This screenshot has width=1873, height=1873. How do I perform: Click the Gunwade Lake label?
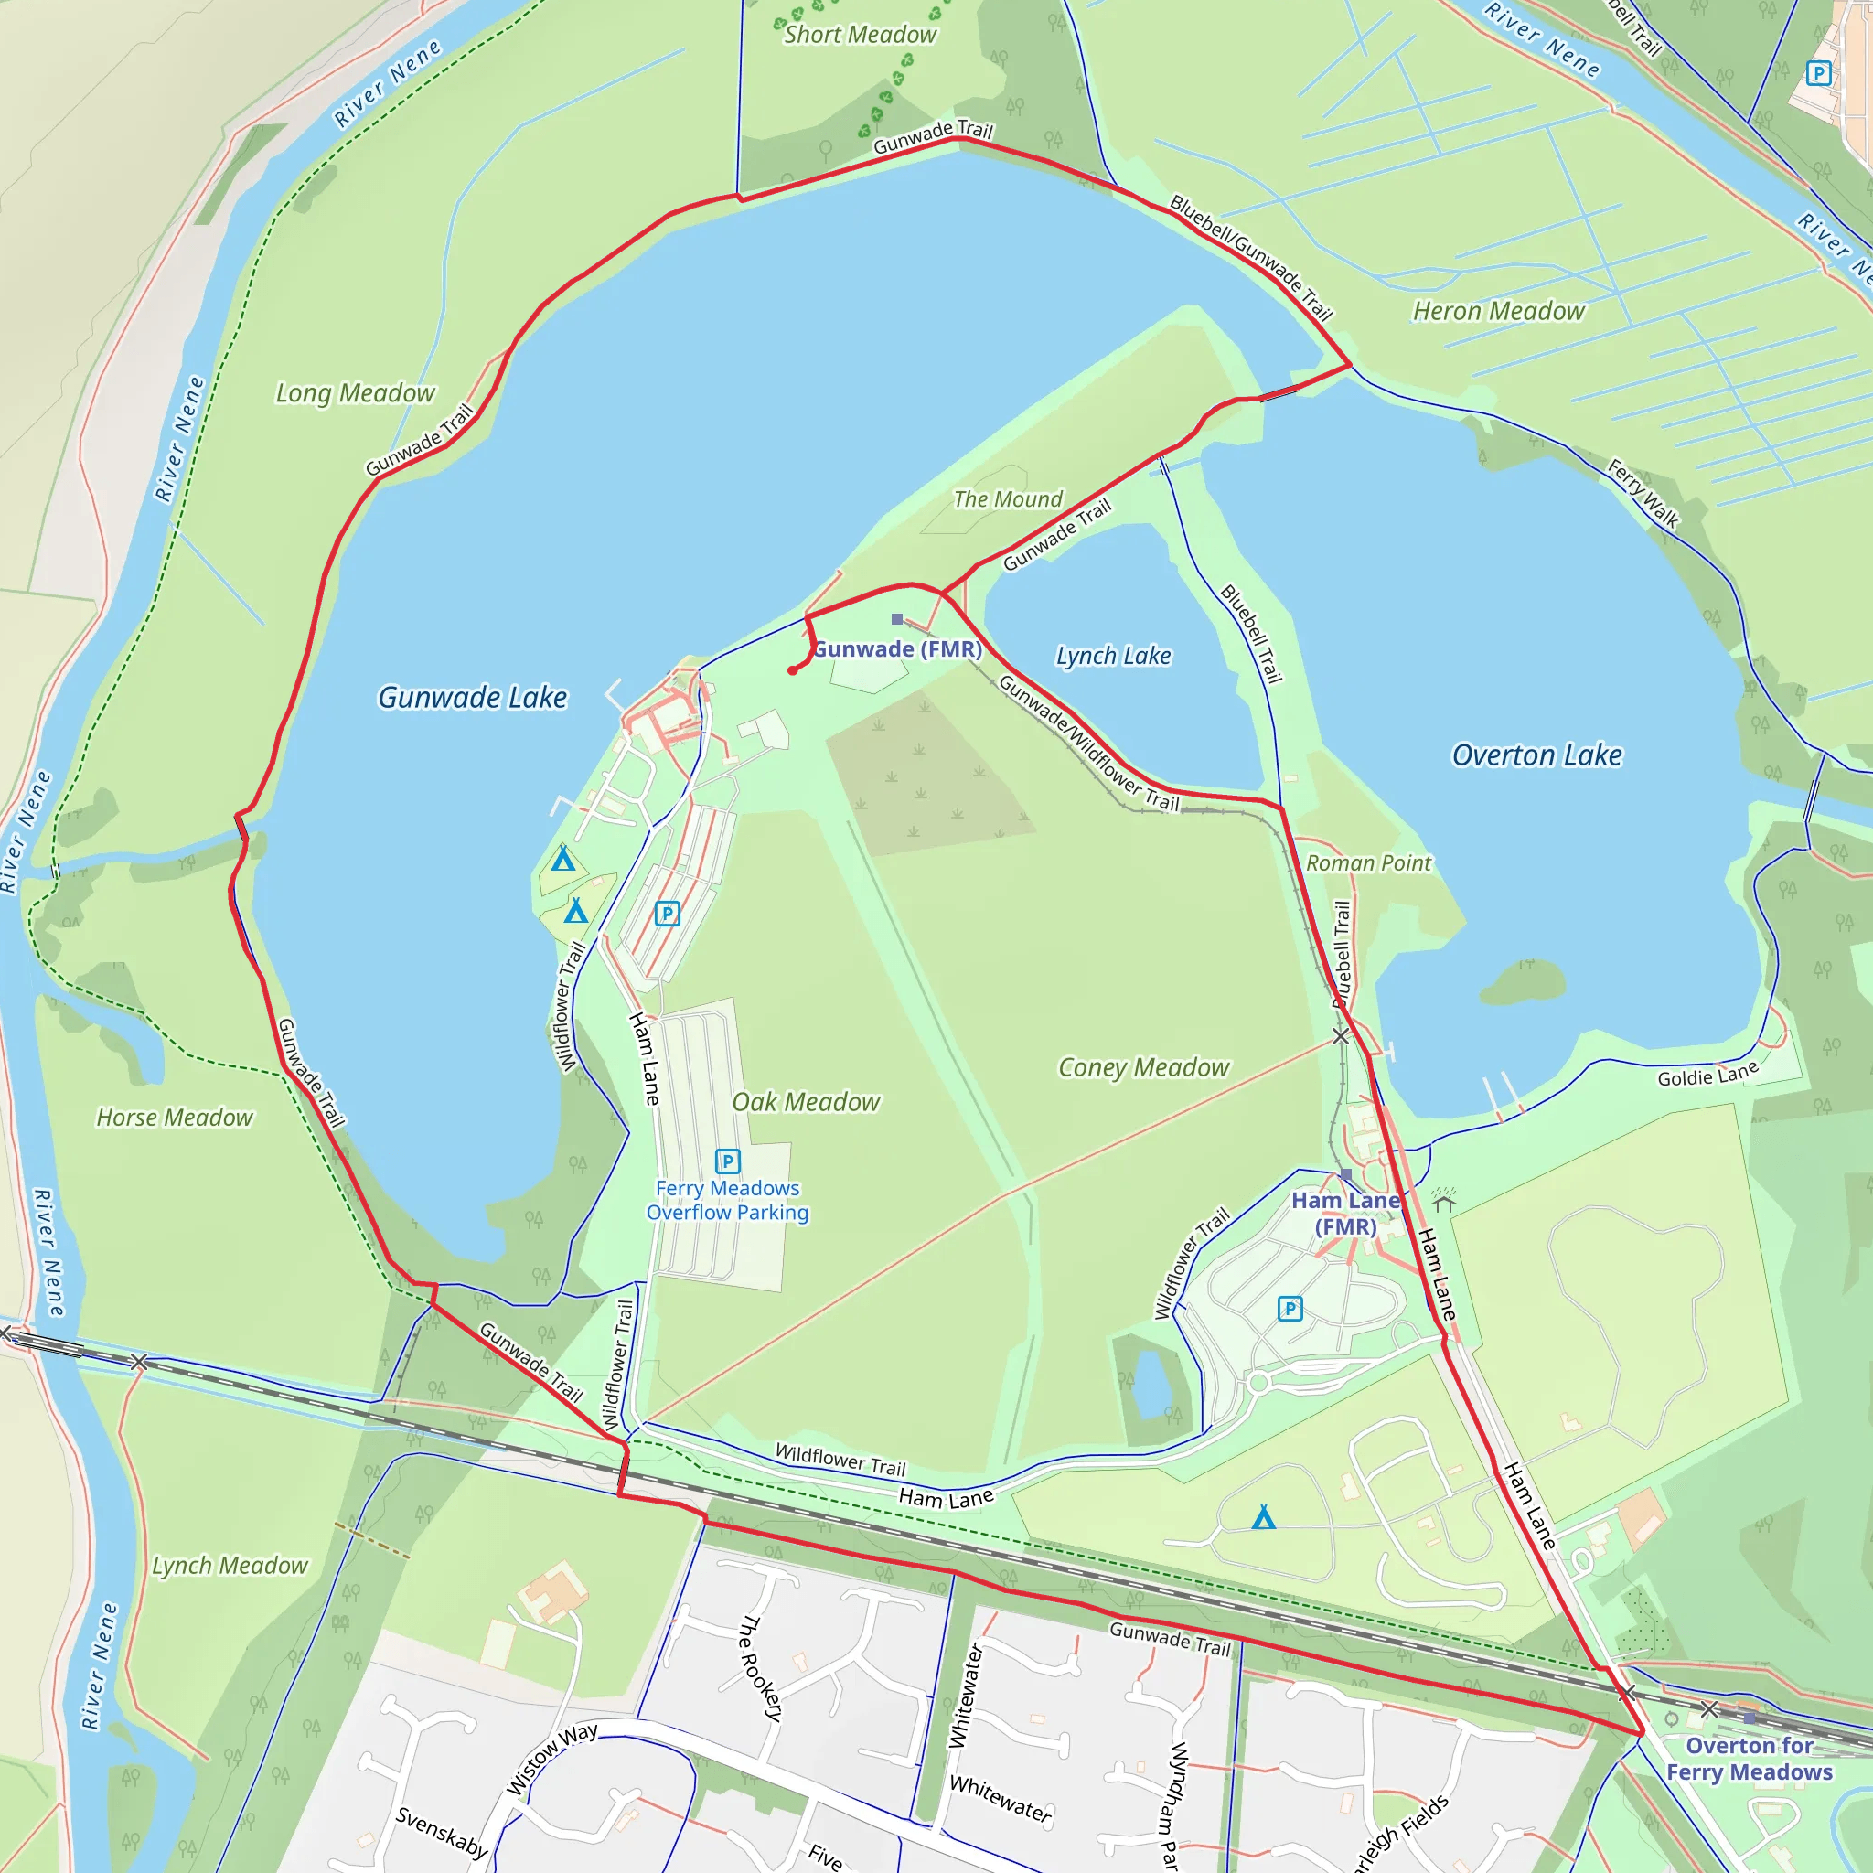coord(472,697)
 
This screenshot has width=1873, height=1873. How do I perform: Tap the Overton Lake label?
coord(1536,755)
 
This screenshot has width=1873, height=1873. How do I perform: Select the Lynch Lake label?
coord(1113,657)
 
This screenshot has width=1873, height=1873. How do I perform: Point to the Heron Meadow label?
coord(1498,311)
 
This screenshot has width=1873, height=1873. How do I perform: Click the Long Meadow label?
coord(355,393)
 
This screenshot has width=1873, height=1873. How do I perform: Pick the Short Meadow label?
coord(860,35)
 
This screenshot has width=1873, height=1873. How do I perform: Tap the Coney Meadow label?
coord(1143,1067)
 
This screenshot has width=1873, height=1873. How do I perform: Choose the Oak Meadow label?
coord(806,1102)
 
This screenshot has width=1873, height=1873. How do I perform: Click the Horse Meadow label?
coord(175,1118)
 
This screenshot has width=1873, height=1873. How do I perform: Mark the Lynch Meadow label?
coord(230,1566)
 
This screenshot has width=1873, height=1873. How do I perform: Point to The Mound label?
coord(1007,499)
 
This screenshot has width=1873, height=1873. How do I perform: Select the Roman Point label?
coord(1368,862)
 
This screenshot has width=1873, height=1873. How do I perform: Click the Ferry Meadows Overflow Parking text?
coord(727,1200)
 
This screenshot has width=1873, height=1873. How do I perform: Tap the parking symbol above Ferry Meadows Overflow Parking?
coord(728,1161)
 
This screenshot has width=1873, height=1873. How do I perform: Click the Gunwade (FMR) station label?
coord(897,649)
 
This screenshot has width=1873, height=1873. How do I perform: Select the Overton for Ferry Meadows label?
coord(1749,1759)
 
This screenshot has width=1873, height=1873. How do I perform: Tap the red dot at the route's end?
coord(793,669)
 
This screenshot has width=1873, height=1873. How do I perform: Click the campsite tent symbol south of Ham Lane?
coord(1263,1517)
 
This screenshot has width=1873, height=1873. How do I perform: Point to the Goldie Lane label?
coord(1707,1076)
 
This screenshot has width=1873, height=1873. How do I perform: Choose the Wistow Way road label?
coord(551,1759)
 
